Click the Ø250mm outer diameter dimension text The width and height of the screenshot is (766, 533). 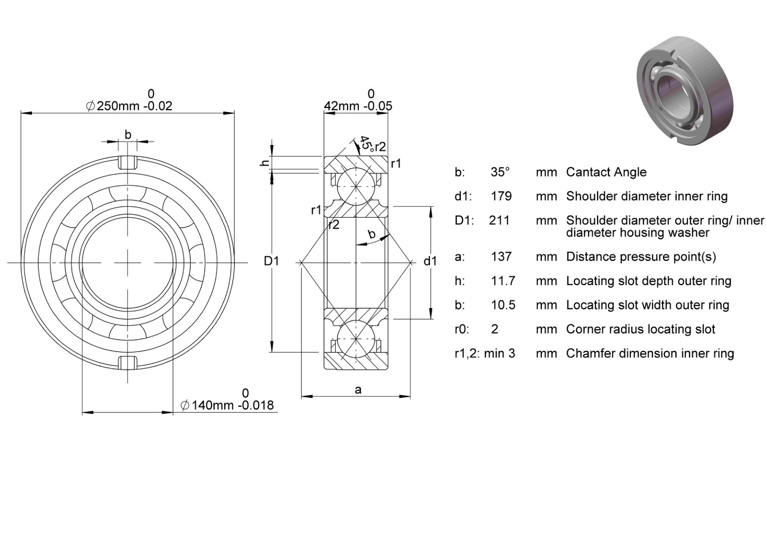click(x=129, y=106)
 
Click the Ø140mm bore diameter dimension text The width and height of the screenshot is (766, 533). click(x=227, y=405)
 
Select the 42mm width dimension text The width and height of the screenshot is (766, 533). click(x=358, y=106)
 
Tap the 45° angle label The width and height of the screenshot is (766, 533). click(x=366, y=144)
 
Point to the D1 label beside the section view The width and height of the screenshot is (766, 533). click(x=272, y=261)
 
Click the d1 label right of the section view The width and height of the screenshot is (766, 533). click(x=430, y=261)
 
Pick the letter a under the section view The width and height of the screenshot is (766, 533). click(x=358, y=390)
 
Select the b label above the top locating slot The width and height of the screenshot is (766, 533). click(x=128, y=134)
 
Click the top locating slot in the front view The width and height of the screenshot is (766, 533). click(x=128, y=163)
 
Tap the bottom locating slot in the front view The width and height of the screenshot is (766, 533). click(x=128, y=363)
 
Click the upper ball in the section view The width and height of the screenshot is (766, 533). click(x=356, y=187)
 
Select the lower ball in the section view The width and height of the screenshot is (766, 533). click(x=356, y=339)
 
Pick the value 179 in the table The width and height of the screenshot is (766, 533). click(x=501, y=196)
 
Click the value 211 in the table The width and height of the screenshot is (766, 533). click(x=499, y=220)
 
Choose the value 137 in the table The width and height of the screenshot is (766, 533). click(x=501, y=256)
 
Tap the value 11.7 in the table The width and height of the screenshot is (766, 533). click(x=503, y=281)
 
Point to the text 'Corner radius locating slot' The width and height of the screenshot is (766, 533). click(x=640, y=329)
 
